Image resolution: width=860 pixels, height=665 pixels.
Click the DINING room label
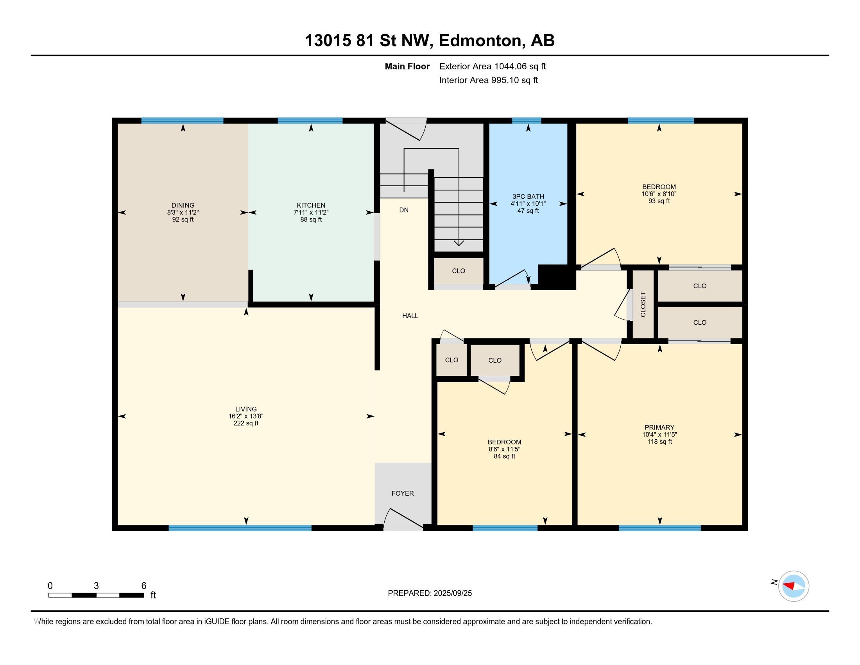pyautogui.click(x=183, y=205)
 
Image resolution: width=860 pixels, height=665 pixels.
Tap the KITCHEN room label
pyautogui.click(x=311, y=205)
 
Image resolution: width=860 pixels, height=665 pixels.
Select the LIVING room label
pyautogui.click(x=246, y=409)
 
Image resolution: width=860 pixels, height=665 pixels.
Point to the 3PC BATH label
pyautogui.click(x=528, y=197)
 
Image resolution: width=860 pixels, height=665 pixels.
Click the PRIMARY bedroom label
pyautogui.click(x=659, y=428)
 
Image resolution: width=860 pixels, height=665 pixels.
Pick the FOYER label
pyautogui.click(x=402, y=493)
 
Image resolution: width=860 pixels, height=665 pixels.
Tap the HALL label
pyautogui.click(x=410, y=316)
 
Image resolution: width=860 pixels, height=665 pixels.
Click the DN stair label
pyautogui.click(x=404, y=210)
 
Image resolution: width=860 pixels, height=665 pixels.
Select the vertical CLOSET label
pyautogui.click(x=643, y=304)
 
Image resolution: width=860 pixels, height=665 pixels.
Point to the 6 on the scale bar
pyautogui.click(x=144, y=586)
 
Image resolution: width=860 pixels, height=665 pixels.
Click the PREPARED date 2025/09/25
pyautogui.click(x=452, y=593)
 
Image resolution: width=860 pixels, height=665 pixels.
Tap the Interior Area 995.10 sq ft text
pyautogui.click(x=488, y=80)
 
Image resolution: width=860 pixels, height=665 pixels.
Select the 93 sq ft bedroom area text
pyautogui.click(x=659, y=201)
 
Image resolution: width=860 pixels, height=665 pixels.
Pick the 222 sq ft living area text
pyautogui.click(x=246, y=423)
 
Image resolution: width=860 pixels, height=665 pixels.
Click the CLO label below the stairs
pyautogui.click(x=459, y=271)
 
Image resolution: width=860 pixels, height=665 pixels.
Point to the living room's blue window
pyautogui.click(x=240, y=528)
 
